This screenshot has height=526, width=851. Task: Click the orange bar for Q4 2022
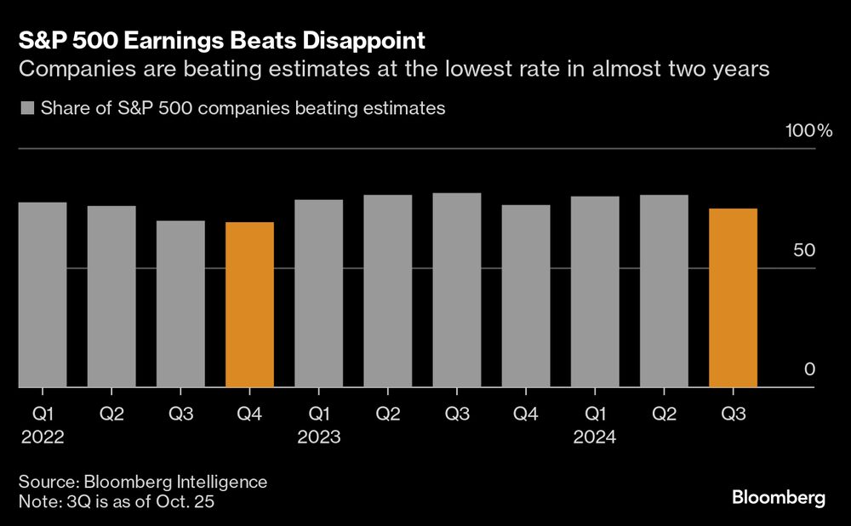[249, 305]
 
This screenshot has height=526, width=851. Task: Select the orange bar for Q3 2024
[733, 298]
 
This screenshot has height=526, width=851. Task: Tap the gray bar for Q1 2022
[42, 294]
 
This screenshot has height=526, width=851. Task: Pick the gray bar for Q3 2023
[457, 290]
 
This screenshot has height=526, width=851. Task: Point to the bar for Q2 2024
[664, 291]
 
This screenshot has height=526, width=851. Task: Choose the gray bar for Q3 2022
[180, 304]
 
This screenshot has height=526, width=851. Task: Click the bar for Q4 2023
[526, 296]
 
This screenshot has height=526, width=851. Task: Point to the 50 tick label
[805, 251]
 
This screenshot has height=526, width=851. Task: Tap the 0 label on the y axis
[809, 369]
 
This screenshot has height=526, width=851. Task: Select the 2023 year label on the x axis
[319, 437]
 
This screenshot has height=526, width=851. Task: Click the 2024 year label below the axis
[595, 437]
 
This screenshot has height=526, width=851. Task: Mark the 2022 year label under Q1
[42, 437]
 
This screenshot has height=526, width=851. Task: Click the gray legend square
[26, 108]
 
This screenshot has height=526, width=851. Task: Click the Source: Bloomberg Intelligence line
[142, 482]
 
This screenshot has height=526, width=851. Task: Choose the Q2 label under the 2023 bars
[387, 414]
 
